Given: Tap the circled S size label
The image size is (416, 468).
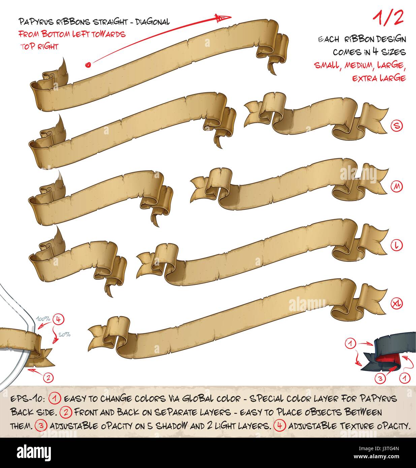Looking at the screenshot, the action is tap(396, 126).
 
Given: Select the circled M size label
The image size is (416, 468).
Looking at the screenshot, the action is tap(396, 187).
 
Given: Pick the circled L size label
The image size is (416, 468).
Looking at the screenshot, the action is tap(396, 245).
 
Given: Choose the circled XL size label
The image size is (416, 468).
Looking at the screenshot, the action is tap(396, 304).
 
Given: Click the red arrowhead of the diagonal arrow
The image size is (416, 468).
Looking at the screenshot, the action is tap(223, 18).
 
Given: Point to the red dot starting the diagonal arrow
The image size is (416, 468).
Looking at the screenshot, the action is tap(88, 65).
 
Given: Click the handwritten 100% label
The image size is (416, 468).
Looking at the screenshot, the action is tap(43, 319).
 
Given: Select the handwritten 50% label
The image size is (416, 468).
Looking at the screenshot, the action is tap(64, 335).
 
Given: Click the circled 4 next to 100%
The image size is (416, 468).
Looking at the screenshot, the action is tap(58, 320).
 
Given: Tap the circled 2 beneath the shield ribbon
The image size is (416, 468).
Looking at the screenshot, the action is tap(48, 378).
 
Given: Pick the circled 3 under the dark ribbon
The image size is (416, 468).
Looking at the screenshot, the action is tap(380, 378).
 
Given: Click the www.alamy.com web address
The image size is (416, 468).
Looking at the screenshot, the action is tap(377, 457).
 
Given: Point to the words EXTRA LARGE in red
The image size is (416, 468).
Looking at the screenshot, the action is tap(379, 78).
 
